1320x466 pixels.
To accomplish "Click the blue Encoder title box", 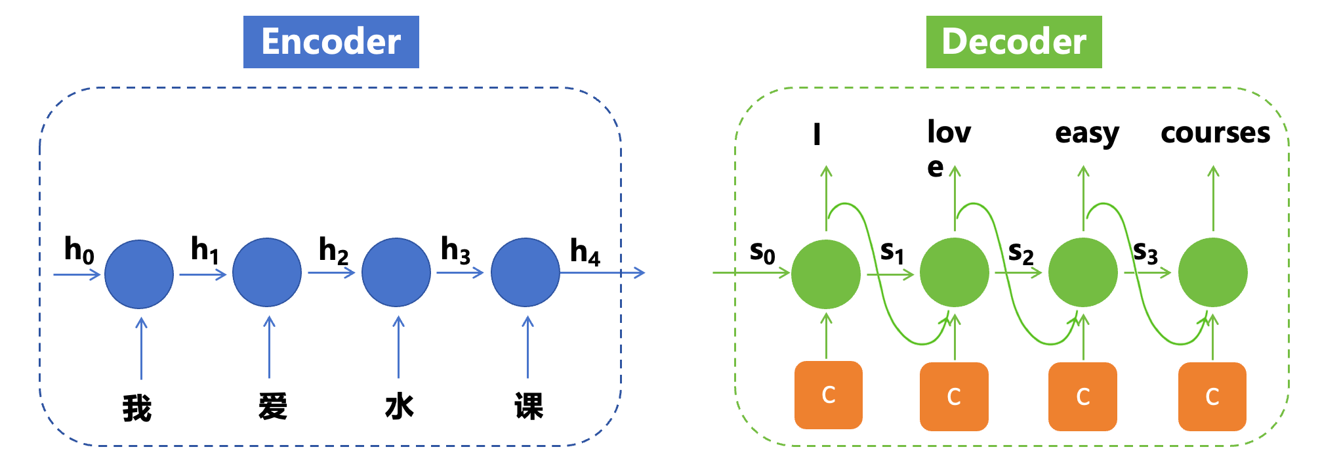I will point(331,42).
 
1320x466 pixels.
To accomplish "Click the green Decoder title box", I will point(1014,42).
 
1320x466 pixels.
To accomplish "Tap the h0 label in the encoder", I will point(79,250).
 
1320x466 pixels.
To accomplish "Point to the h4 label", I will point(585,252).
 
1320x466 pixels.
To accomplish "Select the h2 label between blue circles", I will point(333,251).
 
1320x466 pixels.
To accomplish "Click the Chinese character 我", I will point(137,408).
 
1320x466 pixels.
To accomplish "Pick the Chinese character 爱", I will point(272,406).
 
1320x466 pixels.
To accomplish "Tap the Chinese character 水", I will point(399,406).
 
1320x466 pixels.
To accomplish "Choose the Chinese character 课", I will point(529,406).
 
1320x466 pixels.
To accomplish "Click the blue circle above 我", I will point(139,274).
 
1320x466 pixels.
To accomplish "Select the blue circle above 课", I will point(526,272).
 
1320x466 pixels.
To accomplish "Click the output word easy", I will point(1086,134).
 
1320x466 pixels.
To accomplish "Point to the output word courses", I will point(1215,133).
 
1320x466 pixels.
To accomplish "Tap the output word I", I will point(817,135).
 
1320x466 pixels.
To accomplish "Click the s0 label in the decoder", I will point(762,252).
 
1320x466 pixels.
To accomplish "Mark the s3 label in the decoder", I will point(1145,252).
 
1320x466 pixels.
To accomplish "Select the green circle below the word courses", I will point(1212,272).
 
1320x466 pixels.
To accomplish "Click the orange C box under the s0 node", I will point(828,395).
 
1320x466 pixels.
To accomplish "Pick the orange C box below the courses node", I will point(1212,396).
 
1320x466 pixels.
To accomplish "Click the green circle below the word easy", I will point(1083,272).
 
